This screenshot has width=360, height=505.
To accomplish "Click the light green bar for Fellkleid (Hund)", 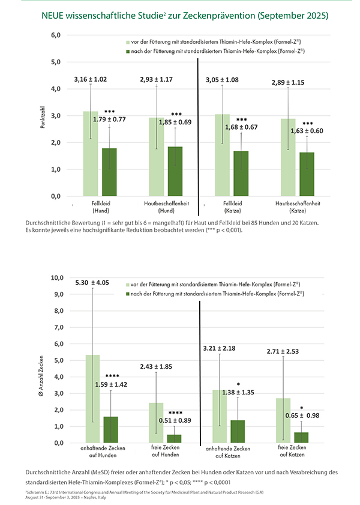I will point(91,154).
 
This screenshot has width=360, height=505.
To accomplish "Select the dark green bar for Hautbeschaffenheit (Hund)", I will point(176,171).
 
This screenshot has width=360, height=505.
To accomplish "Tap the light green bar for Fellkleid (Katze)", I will point(223,155).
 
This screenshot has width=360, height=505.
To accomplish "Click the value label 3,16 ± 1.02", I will point(91,79).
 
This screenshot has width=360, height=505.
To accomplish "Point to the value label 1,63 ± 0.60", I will point(307,131).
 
